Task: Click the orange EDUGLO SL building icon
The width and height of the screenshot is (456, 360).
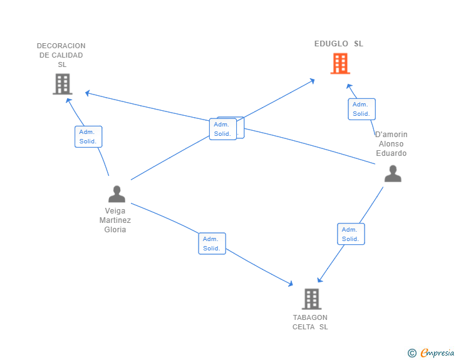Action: (x=339, y=63)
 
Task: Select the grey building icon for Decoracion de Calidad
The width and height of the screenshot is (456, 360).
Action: (x=62, y=84)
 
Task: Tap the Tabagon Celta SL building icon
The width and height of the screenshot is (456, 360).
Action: (x=311, y=299)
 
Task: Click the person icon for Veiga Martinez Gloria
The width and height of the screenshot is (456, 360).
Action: (x=117, y=194)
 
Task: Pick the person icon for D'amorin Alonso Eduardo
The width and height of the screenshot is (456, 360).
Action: (x=393, y=173)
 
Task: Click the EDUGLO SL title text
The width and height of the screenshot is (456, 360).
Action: (x=339, y=44)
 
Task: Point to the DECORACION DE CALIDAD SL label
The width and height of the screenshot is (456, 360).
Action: (x=61, y=55)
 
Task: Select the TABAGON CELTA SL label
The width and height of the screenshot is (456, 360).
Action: (x=310, y=322)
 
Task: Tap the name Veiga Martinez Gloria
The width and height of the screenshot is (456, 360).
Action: (x=115, y=220)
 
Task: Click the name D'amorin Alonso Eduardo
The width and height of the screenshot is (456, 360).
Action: (x=391, y=144)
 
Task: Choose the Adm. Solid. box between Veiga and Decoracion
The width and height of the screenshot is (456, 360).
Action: (x=88, y=136)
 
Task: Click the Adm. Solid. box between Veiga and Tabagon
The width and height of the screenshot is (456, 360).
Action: (x=212, y=244)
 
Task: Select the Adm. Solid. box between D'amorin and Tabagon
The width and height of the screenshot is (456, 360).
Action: (x=351, y=234)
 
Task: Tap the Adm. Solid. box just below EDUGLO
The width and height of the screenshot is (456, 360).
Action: (x=361, y=109)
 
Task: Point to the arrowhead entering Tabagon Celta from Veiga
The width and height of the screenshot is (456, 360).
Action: (x=291, y=284)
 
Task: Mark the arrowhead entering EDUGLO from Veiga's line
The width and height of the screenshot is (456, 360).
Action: (x=313, y=80)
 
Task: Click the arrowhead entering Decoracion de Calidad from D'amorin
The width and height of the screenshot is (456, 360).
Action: (x=88, y=93)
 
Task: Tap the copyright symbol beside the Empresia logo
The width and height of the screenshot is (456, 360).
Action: (x=412, y=353)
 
